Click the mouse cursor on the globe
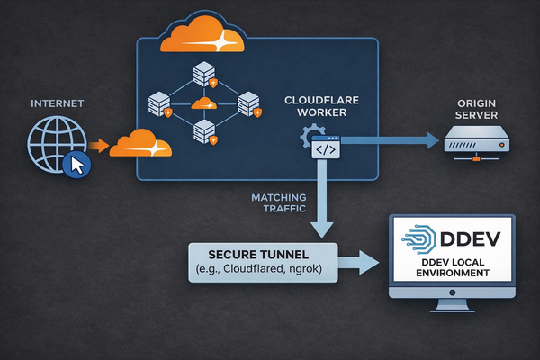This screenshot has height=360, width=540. point(77,165)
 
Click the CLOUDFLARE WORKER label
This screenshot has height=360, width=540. point(324,107)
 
